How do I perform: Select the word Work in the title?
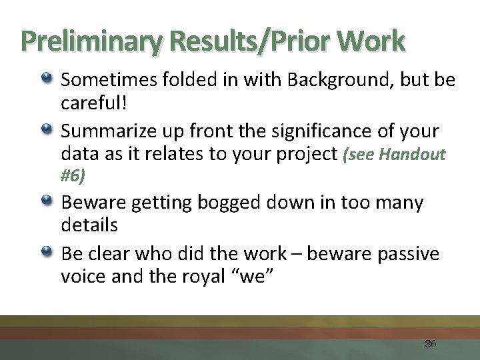(371, 41)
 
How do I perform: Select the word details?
(89, 225)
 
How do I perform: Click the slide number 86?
(430, 344)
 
